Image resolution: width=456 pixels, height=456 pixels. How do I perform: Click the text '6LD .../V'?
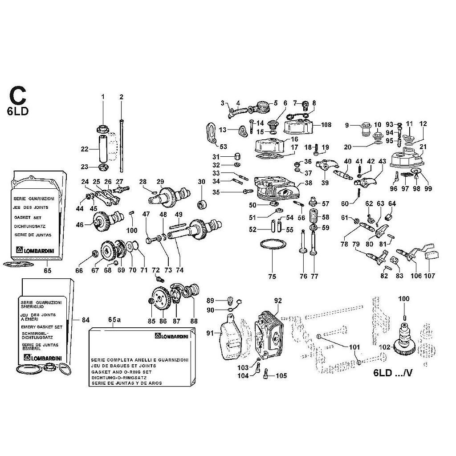click(391, 373)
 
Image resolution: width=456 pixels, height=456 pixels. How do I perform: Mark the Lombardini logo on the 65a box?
click(171, 336)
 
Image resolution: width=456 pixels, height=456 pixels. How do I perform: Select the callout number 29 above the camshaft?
click(160, 181)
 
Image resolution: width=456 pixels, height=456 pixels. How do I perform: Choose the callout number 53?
click(223, 147)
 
